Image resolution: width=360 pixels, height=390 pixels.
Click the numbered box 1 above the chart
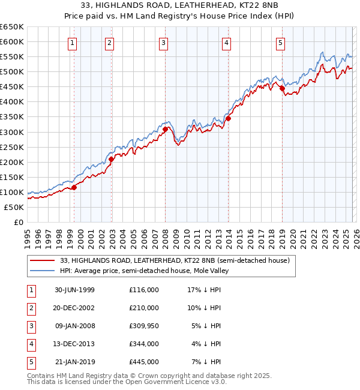72,42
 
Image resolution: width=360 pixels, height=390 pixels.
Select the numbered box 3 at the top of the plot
163,42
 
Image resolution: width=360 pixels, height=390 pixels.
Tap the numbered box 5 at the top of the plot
281,42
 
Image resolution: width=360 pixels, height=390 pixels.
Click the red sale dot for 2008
165,128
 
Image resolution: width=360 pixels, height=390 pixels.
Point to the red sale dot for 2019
282,88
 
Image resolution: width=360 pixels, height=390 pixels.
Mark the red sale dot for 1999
74,187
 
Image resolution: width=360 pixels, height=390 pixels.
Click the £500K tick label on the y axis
11,72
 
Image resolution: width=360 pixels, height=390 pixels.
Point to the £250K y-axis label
11,147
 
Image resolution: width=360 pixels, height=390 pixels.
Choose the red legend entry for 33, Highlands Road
174,260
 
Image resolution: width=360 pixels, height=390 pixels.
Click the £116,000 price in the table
143,290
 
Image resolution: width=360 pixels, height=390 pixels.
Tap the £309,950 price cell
143,326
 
